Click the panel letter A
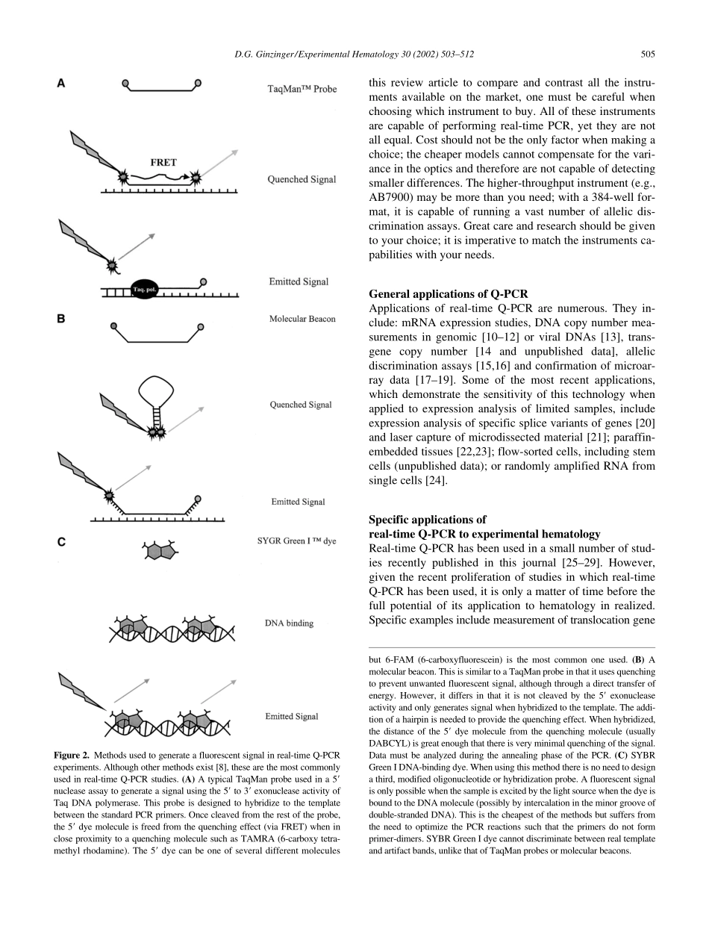(62, 84)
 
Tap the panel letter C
(62, 543)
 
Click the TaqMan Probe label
(302, 90)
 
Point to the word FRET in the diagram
(163, 162)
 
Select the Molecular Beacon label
(302, 319)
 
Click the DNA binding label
(289, 623)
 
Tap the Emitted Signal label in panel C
(292, 717)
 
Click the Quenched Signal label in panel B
(301, 405)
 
